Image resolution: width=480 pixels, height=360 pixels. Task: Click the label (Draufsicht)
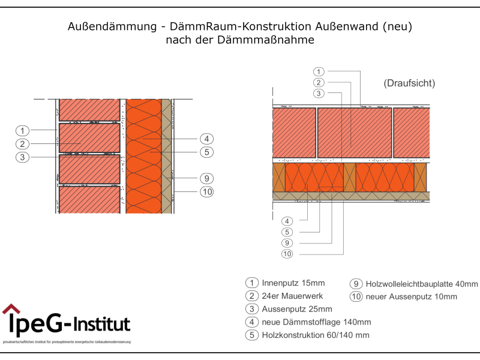(x=409, y=83)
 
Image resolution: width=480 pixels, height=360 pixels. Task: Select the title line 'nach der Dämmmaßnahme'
(x=239, y=40)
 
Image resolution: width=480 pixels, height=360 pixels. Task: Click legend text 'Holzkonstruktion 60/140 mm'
(x=316, y=335)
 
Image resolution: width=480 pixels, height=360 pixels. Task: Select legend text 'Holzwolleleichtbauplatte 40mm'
(x=422, y=284)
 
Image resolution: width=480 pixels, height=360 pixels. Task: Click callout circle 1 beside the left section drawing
(x=22, y=131)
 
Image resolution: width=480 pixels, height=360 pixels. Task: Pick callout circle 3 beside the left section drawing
(x=22, y=157)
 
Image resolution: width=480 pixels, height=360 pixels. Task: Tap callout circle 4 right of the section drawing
(x=206, y=139)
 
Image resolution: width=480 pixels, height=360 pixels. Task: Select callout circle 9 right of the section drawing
(x=206, y=178)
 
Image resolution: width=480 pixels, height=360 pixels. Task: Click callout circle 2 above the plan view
(x=319, y=82)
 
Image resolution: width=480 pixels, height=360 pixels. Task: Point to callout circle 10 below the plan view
(x=288, y=254)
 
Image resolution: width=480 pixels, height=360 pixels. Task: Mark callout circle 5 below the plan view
(x=288, y=232)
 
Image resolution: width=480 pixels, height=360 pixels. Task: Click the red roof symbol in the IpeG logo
(x=11, y=309)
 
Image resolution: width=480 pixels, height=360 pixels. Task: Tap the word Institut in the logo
(x=103, y=325)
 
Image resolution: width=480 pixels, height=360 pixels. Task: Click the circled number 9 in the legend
(x=356, y=284)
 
